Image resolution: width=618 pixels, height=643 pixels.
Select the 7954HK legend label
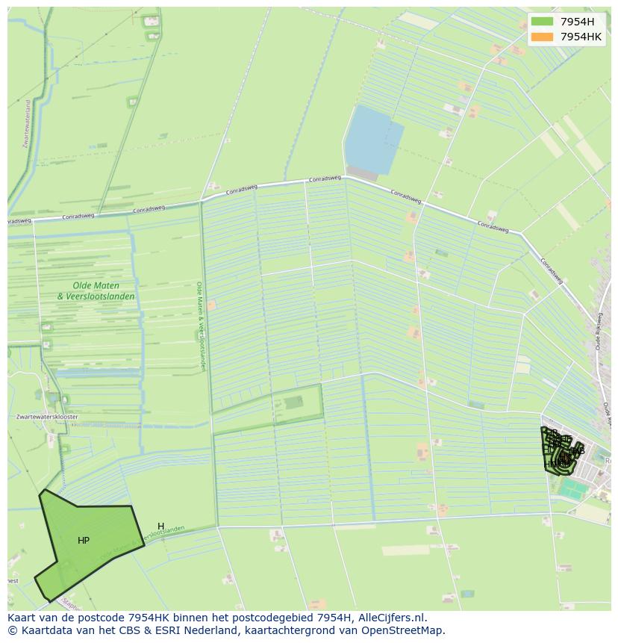(x=581, y=37)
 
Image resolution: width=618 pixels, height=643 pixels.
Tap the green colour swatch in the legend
(x=543, y=22)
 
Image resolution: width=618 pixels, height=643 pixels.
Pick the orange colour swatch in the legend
(x=543, y=37)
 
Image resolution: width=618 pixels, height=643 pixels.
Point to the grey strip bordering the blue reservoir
(x=362, y=173)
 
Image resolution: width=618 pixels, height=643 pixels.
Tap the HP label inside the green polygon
(x=84, y=541)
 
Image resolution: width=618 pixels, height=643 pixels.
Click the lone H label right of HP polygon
(x=160, y=526)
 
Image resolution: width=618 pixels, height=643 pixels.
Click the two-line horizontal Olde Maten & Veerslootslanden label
(x=96, y=291)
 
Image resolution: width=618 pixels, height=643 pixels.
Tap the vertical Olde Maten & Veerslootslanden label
(x=201, y=326)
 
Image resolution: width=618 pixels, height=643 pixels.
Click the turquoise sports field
(x=575, y=490)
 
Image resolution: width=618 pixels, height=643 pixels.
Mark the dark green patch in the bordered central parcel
(x=293, y=403)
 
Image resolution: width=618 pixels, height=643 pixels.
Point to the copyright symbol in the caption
(x=12, y=630)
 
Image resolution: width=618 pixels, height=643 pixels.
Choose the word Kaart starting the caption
(x=24, y=618)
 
